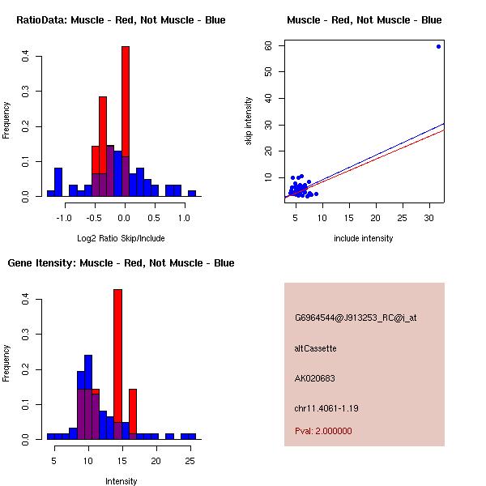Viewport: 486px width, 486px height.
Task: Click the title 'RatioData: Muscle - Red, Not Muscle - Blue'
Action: (x=121, y=19)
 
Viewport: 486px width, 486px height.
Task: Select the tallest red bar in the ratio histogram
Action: (x=125, y=122)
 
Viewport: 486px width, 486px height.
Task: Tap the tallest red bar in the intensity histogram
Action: (x=117, y=364)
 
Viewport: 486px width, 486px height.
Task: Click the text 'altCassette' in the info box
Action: (x=315, y=348)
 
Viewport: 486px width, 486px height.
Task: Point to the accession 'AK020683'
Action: (x=315, y=378)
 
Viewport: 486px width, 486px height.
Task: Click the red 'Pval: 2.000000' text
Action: (x=323, y=431)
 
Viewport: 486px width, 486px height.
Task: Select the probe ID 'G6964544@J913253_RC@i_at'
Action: (x=356, y=318)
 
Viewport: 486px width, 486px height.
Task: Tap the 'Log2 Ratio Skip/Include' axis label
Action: (x=121, y=238)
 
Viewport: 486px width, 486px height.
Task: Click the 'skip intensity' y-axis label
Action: (x=249, y=122)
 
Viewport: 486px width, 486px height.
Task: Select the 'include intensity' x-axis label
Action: (x=364, y=238)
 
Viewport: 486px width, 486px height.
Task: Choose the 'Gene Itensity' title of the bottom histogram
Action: (x=121, y=262)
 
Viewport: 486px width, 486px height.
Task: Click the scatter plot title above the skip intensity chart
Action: (x=364, y=19)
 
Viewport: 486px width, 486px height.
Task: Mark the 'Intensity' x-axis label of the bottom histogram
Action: (x=121, y=481)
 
